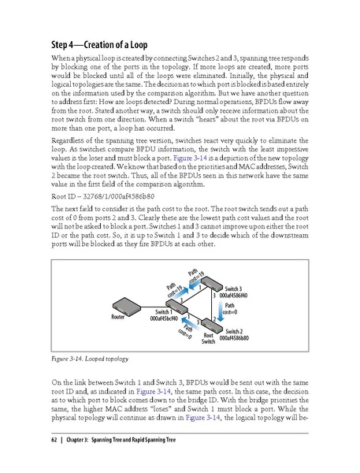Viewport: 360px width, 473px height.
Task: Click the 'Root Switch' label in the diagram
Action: click(208, 338)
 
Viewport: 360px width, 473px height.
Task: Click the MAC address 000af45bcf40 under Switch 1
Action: click(165, 319)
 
